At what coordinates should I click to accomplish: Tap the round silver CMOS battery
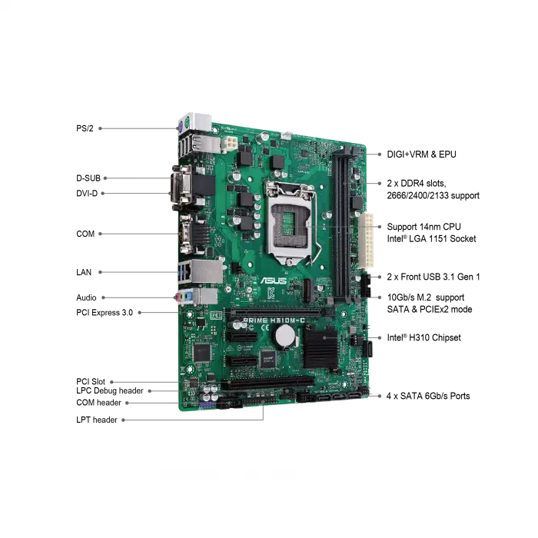[286, 334]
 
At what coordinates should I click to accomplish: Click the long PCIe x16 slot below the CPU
[278, 312]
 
